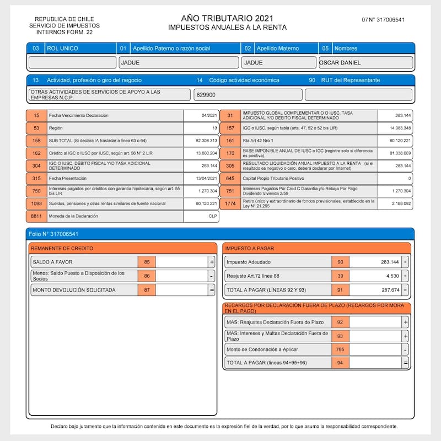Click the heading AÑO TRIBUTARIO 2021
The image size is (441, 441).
click(227, 19)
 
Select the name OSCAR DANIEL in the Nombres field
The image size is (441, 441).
click(340, 62)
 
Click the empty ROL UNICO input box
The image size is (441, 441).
click(72, 62)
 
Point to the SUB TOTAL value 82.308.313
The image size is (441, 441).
click(202, 141)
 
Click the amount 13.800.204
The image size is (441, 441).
click(202, 153)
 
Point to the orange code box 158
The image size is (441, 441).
click(36, 141)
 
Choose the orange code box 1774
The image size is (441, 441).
click(230, 203)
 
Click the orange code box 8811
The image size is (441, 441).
click(36, 217)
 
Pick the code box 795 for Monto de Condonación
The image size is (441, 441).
click(340, 349)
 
